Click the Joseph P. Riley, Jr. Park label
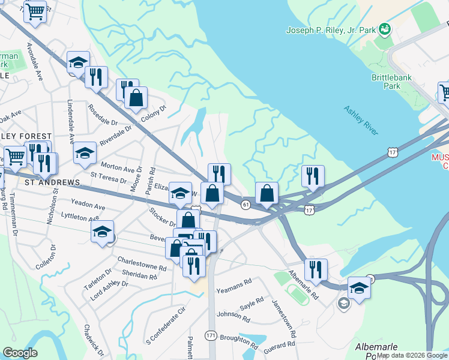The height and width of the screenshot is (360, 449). tap(332, 30)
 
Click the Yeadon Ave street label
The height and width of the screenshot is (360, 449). tap(88, 204)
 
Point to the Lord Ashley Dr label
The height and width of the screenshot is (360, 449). tap(109, 292)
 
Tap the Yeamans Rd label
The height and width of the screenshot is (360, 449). tap(234, 283)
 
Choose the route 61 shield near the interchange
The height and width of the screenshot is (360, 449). tap(246, 205)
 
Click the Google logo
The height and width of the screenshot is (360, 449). tap(20, 352)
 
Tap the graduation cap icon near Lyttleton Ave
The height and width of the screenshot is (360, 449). tap(103, 233)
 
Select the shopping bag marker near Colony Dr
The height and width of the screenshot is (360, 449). tap(136, 99)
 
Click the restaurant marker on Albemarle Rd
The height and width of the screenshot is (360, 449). tap(315, 271)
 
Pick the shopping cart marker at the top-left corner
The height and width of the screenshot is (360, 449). tap(35, 11)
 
